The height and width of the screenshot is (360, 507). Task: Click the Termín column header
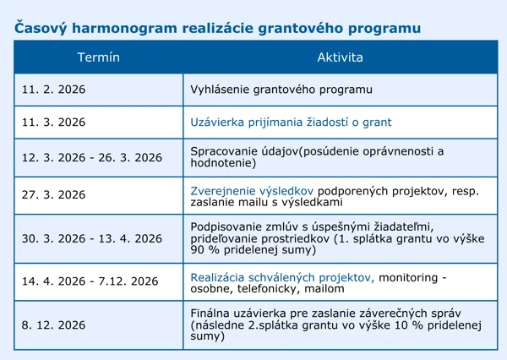click(x=98, y=57)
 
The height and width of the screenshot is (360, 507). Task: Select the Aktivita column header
click(x=340, y=57)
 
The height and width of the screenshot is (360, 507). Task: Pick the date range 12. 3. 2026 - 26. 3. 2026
click(x=91, y=158)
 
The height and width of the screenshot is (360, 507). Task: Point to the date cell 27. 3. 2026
click(x=53, y=194)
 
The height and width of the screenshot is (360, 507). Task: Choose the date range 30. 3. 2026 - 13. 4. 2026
click(x=91, y=239)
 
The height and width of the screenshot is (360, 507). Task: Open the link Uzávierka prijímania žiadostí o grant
click(x=292, y=123)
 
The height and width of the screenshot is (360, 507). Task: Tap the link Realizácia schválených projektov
click(x=282, y=276)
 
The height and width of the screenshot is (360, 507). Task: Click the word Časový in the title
click(x=41, y=27)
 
